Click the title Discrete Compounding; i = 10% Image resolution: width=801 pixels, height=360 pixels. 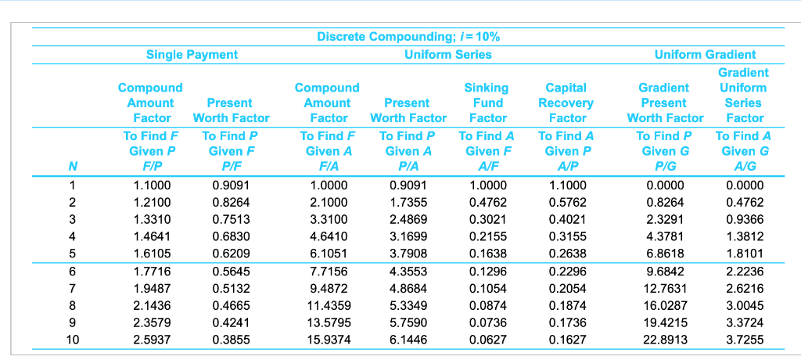[x=408, y=37]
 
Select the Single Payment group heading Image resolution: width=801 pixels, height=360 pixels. [x=192, y=54]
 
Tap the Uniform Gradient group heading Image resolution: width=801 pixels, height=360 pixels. [x=705, y=54]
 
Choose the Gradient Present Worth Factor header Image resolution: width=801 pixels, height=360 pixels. [x=665, y=103]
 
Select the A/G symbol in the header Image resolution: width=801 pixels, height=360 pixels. [x=744, y=166]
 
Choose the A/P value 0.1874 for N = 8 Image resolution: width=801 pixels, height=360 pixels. [x=566, y=306]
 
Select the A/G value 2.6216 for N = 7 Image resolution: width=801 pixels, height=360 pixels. [x=744, y=289]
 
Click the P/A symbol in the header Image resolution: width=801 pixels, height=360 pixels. [x=408, y=166]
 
